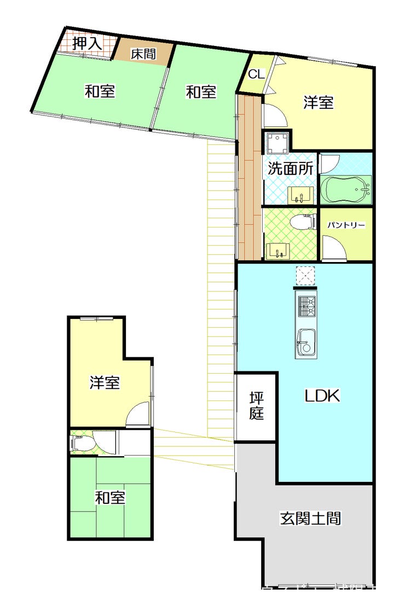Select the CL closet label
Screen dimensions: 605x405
tap(256, 74)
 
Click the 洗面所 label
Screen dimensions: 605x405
tap(291, 168)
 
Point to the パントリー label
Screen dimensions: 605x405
tap(346, 225)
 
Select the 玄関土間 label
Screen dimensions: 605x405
tap(311, 517)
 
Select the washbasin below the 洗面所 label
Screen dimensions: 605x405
tap(300, 194)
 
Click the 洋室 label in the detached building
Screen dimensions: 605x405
tap(105, 383)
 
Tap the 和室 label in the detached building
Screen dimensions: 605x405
tap(110, 498)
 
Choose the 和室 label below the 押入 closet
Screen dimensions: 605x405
tap(100, 91)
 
